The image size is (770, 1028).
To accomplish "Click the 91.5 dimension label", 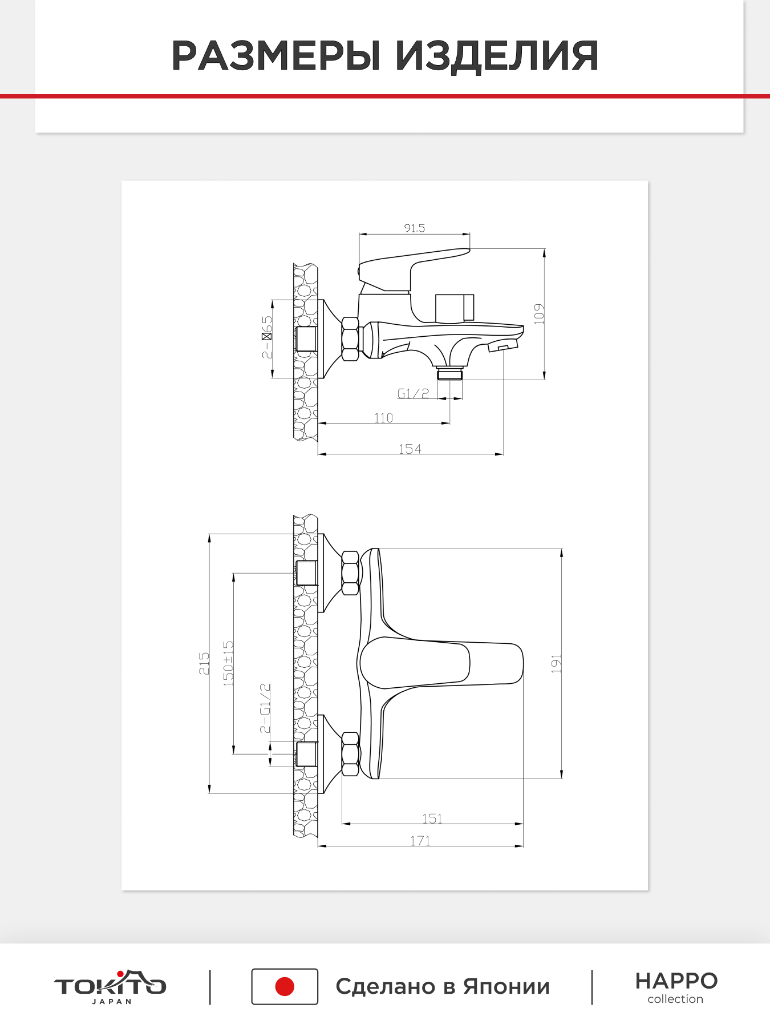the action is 415,228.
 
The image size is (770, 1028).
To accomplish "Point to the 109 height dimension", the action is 539,314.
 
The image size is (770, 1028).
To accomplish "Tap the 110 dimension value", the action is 384,418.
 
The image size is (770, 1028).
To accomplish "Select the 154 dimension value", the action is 410,449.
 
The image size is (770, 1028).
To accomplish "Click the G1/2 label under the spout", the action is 413,393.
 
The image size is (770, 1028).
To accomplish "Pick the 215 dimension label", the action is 204,663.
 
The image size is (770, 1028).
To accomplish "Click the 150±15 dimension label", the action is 228,663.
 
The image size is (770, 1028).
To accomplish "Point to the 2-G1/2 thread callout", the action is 265,708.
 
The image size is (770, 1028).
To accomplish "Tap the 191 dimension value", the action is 556,664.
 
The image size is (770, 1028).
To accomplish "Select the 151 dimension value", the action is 432,819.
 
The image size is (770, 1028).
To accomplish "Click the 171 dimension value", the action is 420,841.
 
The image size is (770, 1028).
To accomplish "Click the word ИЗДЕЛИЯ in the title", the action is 497,56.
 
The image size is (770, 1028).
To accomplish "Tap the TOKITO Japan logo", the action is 110,986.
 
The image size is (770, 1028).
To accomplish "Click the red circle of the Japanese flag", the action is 285,986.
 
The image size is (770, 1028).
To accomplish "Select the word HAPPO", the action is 676,981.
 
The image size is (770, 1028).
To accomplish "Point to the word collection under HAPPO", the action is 675,999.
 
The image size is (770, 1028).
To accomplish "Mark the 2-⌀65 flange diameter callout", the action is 267,337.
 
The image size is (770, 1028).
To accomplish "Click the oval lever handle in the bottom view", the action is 415,663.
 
